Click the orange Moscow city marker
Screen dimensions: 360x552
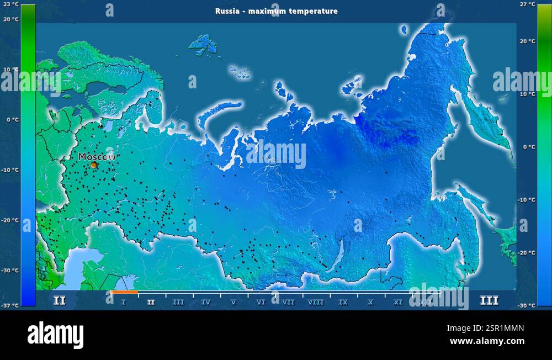(94, 165)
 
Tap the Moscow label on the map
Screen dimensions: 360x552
(97, 157)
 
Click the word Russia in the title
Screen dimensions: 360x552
(227, 11)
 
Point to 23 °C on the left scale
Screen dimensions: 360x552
(11, 4)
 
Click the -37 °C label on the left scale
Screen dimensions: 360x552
(10, 305)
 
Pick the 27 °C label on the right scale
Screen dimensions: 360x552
(528, 4)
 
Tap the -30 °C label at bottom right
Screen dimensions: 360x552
(527, 305)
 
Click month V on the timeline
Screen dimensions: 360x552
(233, 302)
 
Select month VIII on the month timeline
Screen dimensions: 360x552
(316, 302)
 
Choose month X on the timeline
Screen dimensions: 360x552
(370, 302)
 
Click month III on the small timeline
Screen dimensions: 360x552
(178, 302)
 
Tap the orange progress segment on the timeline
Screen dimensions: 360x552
(124, 292)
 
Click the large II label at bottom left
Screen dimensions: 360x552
(59, 301)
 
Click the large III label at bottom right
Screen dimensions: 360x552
(489, 301)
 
